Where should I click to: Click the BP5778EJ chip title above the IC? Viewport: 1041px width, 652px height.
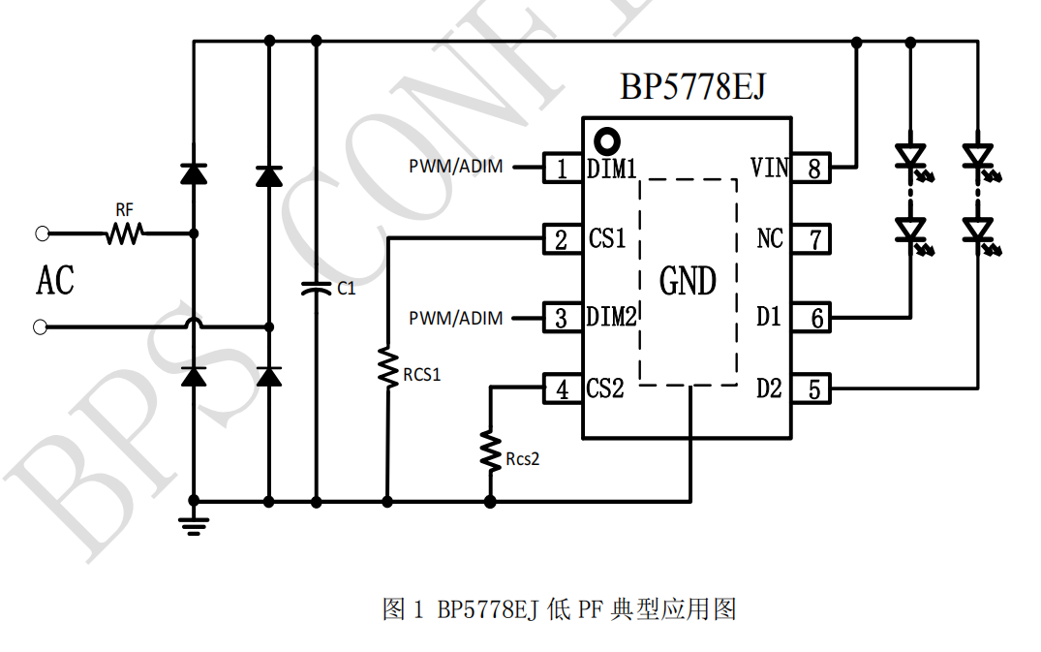tap(692, 87)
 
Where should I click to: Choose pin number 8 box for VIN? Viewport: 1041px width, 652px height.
tap(814, 169)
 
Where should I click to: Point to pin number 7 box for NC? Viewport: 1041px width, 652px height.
tap(814, 238)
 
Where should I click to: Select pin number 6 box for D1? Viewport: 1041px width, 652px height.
tap(814, 317)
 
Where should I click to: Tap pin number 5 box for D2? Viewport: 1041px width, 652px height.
tap(814, 389)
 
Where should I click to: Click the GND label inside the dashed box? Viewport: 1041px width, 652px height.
tap(688, 282)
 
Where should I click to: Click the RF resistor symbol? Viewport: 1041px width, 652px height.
tap(124, 233)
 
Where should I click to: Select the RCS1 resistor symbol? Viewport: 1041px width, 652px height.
tap(387, 367)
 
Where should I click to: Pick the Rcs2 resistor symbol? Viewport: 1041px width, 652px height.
tap(490, 450)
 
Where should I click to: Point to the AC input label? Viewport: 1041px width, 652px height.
tap(55, 281)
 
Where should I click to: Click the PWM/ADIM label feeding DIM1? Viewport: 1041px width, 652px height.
tap(455, 167)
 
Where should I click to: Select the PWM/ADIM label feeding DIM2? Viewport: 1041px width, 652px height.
tap(455, 318)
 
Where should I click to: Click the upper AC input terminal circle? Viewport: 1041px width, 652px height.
tap(41, 233)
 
